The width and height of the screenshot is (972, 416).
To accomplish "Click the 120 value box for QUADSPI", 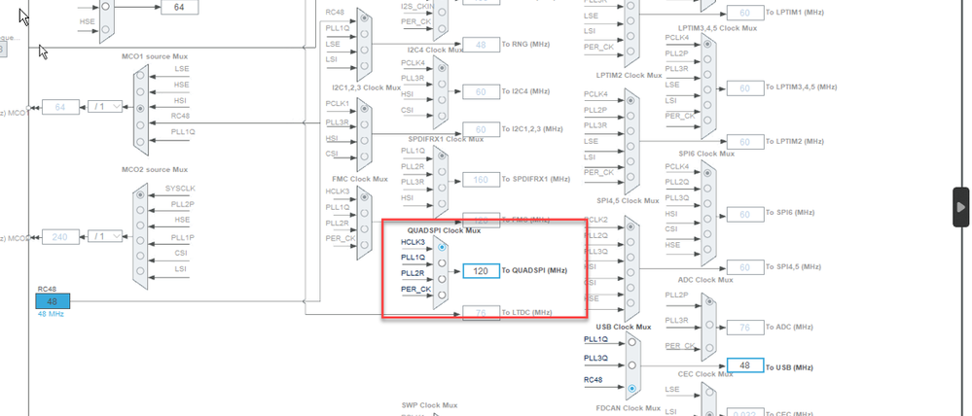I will pos(481,271).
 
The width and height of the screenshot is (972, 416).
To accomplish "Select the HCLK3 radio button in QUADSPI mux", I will pos(442,247).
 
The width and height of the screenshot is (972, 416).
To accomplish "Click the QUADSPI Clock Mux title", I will pos(444,230).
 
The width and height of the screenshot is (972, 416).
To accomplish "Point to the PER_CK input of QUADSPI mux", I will pos(415,290).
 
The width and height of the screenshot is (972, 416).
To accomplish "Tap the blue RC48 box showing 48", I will pos(54,301).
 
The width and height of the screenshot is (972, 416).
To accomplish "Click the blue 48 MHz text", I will pos(51,314).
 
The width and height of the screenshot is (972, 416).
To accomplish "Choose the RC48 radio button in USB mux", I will pos(633,388).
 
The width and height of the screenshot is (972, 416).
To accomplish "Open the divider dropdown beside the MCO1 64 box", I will pos(106,106).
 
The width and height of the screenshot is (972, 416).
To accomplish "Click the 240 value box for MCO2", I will pos(60,236).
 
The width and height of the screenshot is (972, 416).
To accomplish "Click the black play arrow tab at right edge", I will pos(961,207).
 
